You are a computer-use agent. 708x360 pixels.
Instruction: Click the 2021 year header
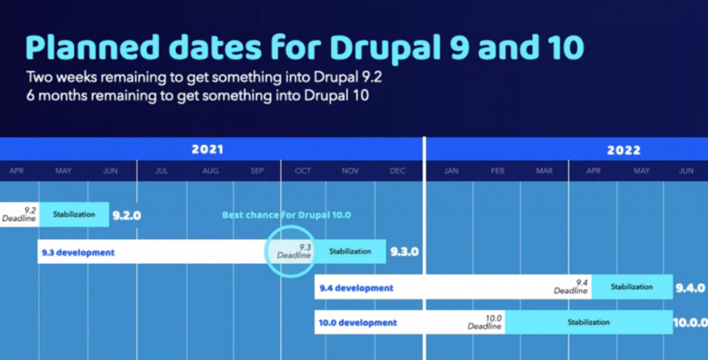[207, 149]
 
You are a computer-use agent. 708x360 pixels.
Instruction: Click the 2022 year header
[624, 150]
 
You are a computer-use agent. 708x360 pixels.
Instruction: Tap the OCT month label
[303, 171]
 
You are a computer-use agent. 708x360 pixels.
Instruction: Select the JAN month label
[451, 171]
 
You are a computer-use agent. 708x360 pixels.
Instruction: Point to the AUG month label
[210, 171]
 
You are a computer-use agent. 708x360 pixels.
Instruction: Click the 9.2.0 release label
[127, 216]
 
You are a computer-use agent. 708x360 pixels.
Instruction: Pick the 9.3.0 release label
[404, 252]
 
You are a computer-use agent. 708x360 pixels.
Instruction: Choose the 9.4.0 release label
[691, 287]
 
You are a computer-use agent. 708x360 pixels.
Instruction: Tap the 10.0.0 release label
[691, 323]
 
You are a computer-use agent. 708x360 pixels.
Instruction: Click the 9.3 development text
[78, 253]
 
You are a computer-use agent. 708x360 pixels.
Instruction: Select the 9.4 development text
[356, 288]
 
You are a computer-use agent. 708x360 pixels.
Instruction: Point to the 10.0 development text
[357, 323]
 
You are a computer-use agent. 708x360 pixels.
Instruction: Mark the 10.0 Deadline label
[485, 322]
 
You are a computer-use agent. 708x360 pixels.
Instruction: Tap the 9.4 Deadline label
[571, 287]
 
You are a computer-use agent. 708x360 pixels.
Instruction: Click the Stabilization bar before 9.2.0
[74, 214]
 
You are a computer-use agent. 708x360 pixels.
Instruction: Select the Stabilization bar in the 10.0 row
[589, 322]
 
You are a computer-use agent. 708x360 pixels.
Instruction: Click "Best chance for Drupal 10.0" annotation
[286, 215]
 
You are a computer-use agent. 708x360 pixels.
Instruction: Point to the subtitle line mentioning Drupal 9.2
[204, 77]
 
